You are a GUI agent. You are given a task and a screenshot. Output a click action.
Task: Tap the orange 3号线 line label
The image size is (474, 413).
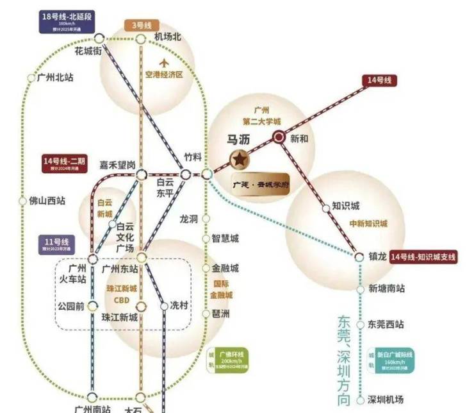pyautogui.click(x=142, y=26)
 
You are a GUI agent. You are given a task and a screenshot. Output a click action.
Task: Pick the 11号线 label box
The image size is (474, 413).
pyautogui.click(x=61, y=244)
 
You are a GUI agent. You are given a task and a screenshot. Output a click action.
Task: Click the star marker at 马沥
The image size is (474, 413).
pyautogui.click(x=238, y=158)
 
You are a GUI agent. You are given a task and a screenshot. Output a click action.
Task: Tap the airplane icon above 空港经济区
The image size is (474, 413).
pyautogui.click(x=164, y=63)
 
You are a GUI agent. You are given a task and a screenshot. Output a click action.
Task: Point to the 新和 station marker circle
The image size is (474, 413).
pyautogui.click(x=279, y=137)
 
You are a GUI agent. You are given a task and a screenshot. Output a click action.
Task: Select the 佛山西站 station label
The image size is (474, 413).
pyautogui.click(x=47, y=200)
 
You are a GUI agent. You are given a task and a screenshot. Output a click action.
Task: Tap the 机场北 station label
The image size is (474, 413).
pyautogui.click(x=168, y=37)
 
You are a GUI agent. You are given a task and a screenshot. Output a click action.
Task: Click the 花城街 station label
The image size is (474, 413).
pyautogui.click(x=88, y=51)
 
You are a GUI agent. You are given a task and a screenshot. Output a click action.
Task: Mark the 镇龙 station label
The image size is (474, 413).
pyautogui.click(x=379, y=257)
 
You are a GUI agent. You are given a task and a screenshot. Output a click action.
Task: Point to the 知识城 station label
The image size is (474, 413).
pyautogui.click(x=346, y=206)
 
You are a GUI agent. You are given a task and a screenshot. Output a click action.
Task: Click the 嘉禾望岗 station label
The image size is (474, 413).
pyautogui.click(x=117, y=165)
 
